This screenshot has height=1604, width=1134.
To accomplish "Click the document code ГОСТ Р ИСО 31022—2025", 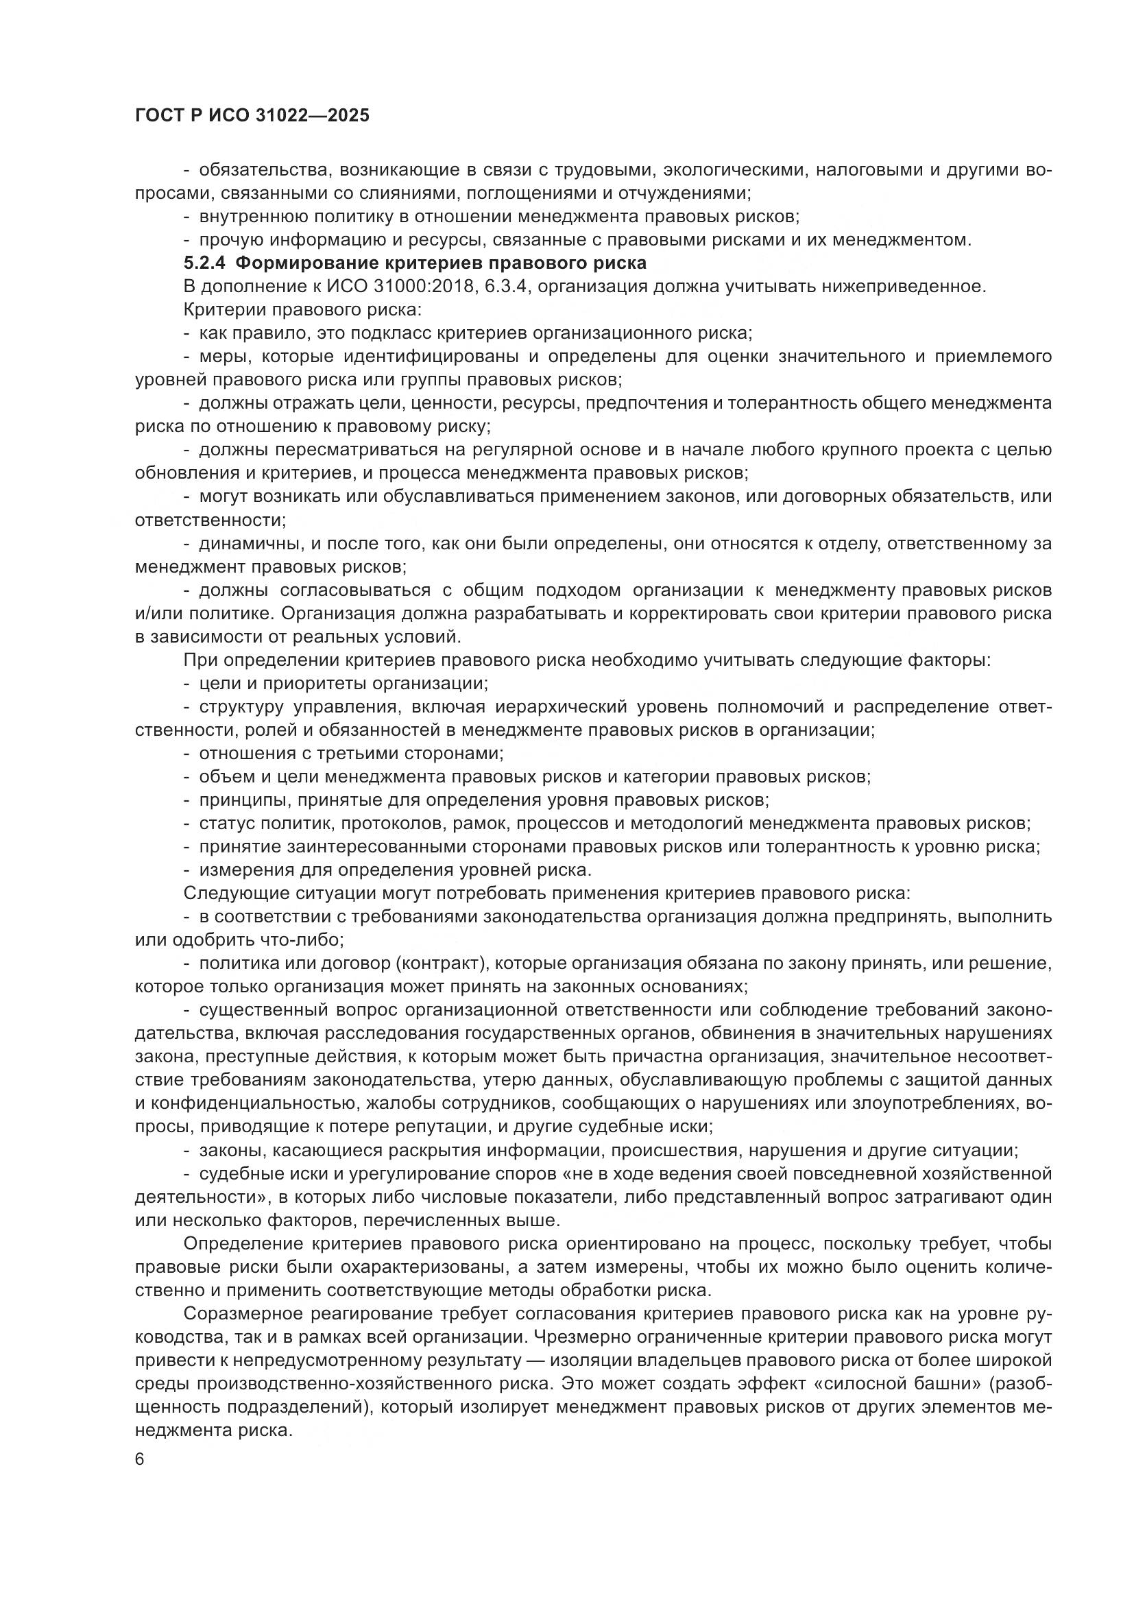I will (x=252, y=115).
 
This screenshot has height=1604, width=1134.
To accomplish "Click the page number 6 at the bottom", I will (x=141, y=1460).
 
